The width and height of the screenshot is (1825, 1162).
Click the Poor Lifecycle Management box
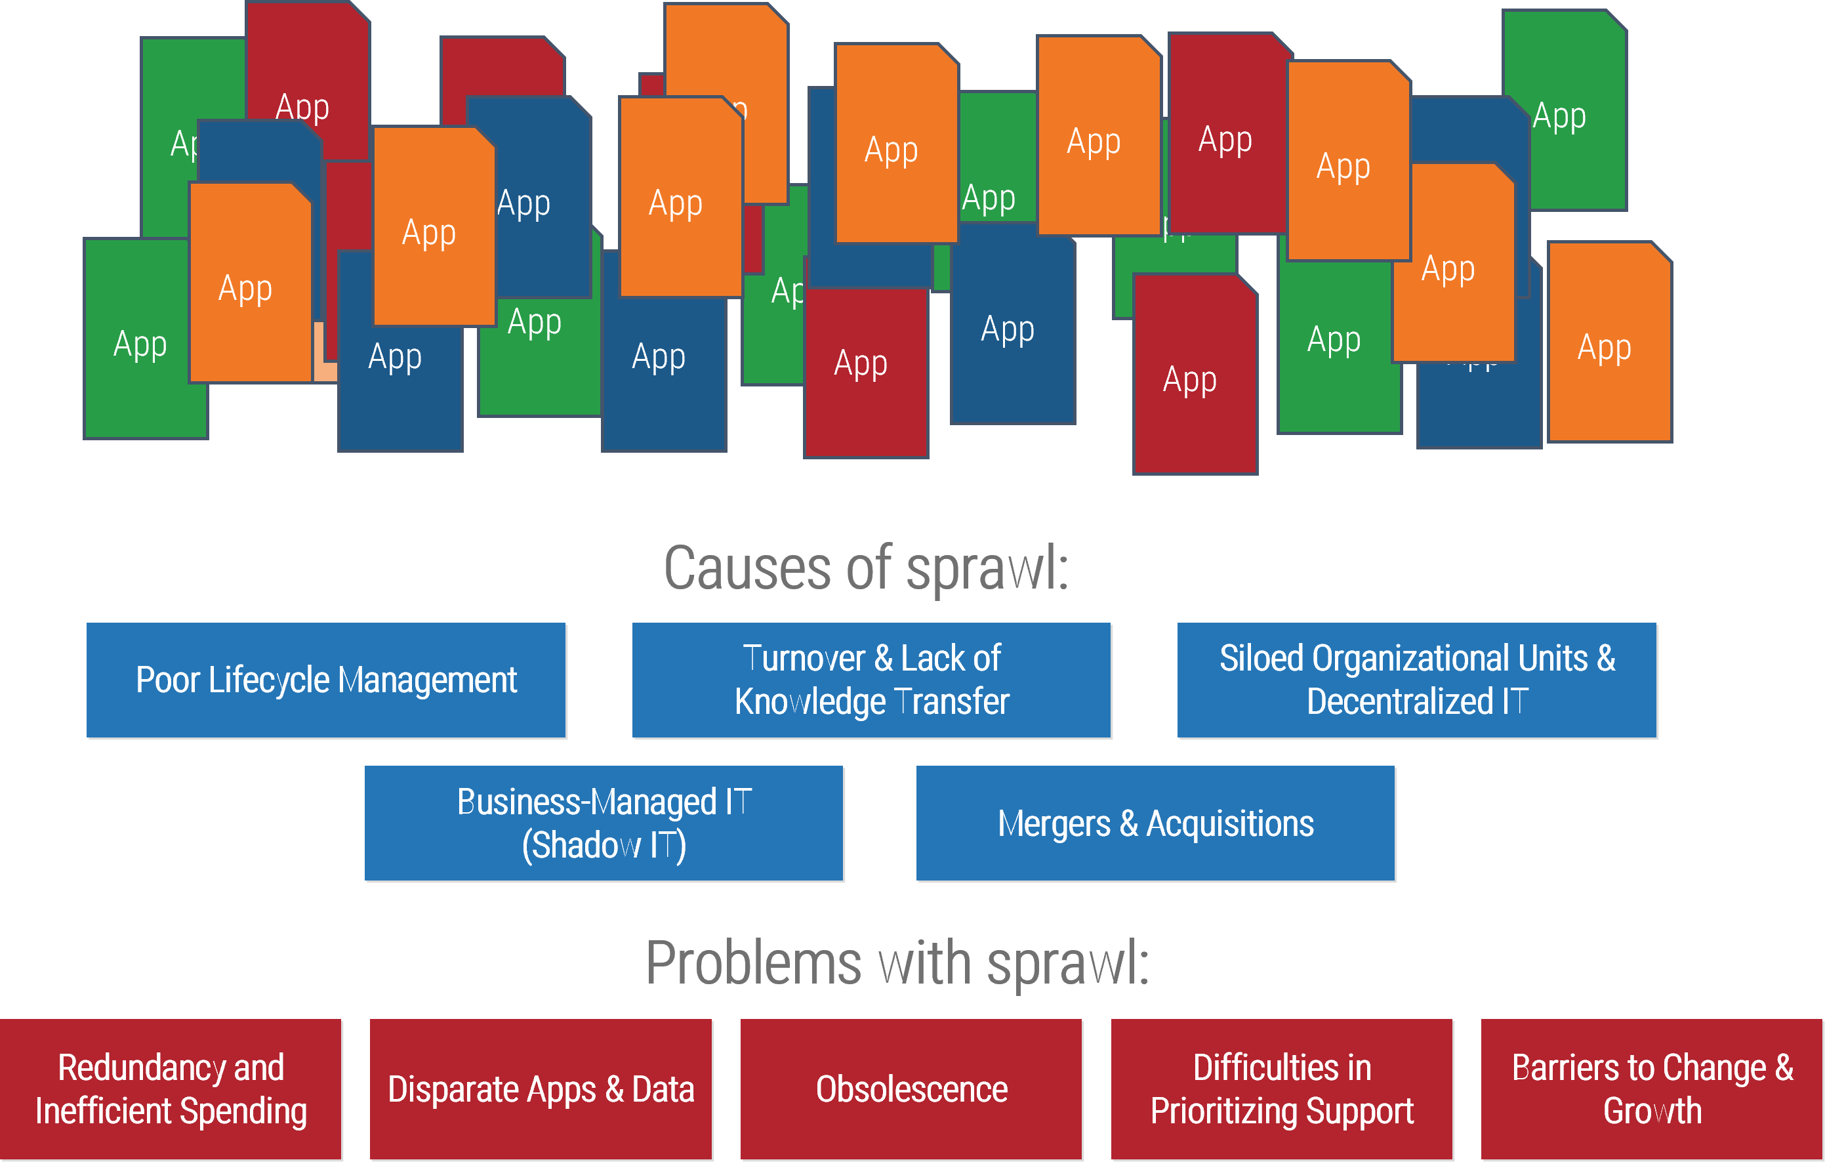326,680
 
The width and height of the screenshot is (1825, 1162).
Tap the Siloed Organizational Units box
1416,680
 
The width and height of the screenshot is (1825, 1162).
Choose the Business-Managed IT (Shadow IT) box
604,823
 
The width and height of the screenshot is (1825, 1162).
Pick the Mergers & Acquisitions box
1155,823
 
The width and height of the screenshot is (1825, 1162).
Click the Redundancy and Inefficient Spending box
171,1089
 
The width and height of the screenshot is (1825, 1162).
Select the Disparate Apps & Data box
541,1089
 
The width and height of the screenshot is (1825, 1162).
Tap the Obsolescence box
911,1089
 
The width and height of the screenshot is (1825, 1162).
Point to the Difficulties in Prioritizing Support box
1282,1089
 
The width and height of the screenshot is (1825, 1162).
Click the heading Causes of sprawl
867,568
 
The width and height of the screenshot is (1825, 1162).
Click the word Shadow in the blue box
581,846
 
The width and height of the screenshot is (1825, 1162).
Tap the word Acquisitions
1229,825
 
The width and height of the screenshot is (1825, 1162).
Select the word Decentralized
1399,702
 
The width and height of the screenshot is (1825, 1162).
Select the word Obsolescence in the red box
911,1090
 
